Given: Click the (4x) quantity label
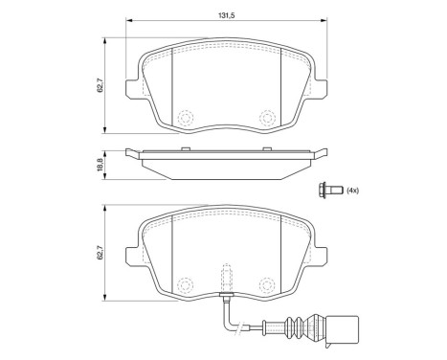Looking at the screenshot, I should click(352, 191).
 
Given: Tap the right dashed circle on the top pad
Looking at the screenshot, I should click(267, 119).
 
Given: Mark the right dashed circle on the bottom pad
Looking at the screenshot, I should click(267, 283).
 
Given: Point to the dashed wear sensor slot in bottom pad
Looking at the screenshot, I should click(224, 279).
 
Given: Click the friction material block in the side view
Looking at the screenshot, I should click(224, 166).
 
